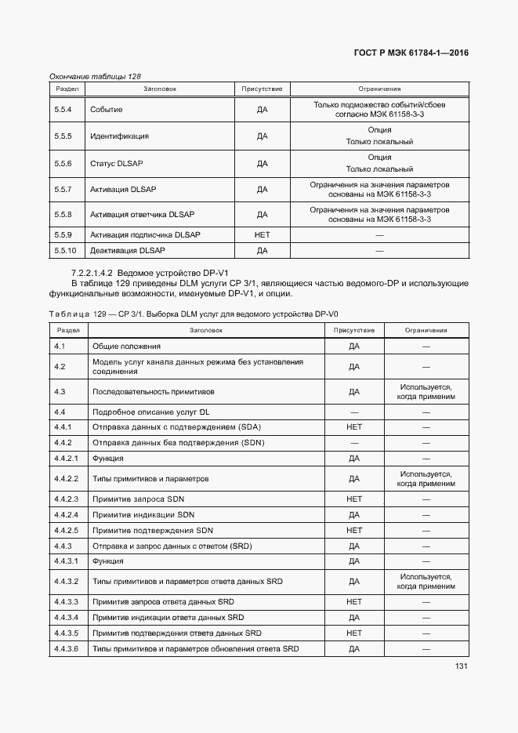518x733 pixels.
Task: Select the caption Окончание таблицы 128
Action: (x=95, y=76)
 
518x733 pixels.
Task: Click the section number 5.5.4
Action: (x=63, y=110)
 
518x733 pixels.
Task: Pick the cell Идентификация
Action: (x=119, y=136)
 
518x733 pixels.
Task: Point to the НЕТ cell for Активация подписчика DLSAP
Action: (x=262, y=235)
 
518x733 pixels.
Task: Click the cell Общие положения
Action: (x=126, y=346)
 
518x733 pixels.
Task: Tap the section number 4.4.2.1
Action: (x=67, y=458)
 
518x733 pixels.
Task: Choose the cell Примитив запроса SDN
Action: (x=138, y=499)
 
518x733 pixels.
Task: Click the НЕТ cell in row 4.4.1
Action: (x=353, y=427)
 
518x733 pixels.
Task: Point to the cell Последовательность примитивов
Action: (x=153, y=391)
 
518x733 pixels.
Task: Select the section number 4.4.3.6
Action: (x=67, y=648)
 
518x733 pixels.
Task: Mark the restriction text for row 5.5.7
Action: (x=379, y=189)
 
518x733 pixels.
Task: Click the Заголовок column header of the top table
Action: (x=159, y=89)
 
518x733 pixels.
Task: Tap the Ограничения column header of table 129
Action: (x=426, y=330)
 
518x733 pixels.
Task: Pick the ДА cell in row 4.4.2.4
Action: (x=353, y=515)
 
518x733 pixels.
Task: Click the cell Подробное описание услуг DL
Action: (x=150, y=412)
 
